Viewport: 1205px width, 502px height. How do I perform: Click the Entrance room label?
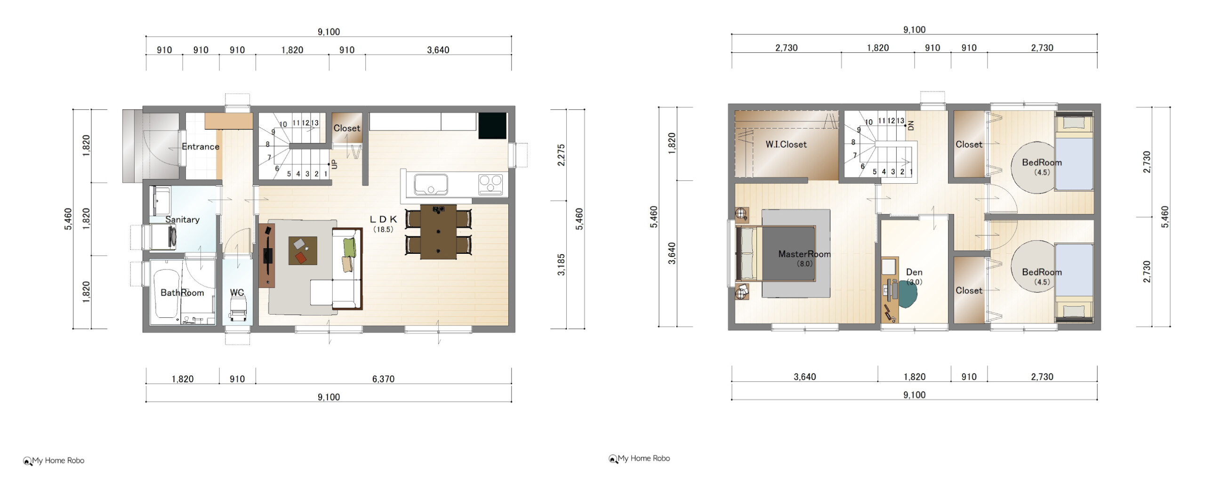[201, 146]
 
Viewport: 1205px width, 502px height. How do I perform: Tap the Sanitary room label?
[182, 219]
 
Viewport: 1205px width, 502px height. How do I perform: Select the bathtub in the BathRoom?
[167, 294]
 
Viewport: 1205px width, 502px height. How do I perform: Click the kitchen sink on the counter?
[430, 184]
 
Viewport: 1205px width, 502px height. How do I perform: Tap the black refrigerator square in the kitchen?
[492, 126]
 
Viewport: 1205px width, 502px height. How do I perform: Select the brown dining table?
[438, 232]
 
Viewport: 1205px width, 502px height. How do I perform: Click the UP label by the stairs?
[334, 164]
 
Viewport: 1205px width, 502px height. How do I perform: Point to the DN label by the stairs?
[910, 125]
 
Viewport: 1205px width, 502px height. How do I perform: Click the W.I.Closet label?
[786, 145]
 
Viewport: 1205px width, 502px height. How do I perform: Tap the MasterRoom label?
[804, 254]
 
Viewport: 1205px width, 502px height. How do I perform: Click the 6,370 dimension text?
[383, 379]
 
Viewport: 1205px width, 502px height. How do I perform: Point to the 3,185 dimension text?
[561, 265]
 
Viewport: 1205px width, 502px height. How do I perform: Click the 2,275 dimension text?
[561, 155]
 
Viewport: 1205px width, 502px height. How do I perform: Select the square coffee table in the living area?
[303, 251]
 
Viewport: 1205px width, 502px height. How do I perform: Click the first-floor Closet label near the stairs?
[347, 128]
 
